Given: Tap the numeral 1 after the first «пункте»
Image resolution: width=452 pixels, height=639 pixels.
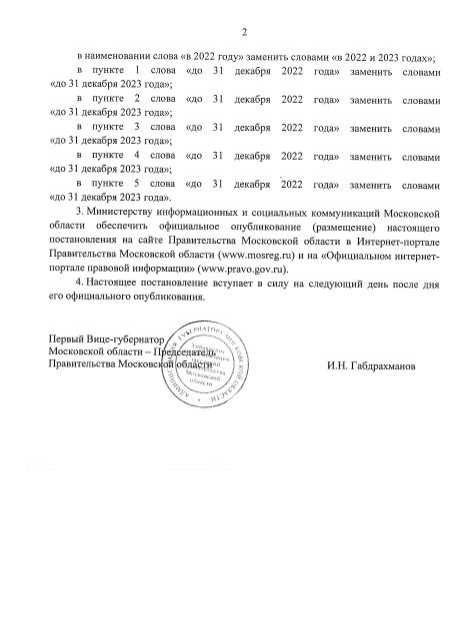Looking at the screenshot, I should [x=136, y=76].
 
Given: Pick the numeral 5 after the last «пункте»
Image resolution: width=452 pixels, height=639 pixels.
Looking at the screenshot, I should [x=136, y=185].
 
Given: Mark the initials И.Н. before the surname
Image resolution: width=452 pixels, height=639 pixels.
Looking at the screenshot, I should [x=336, y=366].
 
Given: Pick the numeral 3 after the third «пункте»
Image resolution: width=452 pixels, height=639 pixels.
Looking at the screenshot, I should [x=136, y=130].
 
